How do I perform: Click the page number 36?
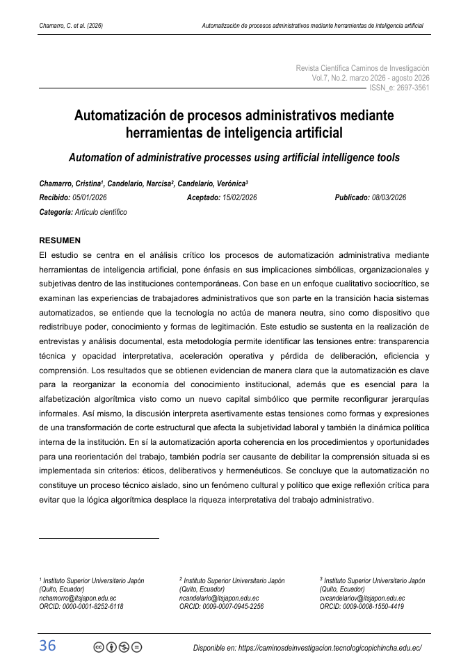point(47,646)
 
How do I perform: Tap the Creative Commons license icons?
point(118,647)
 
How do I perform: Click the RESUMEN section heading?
point(60,241)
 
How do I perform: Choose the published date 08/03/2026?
point(389,197)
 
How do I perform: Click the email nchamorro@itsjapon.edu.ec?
point(78,598)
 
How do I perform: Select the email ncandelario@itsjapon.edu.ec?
point(219,598)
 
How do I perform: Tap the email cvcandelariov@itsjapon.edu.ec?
point(362,598)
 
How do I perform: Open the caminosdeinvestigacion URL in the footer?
point(330,647)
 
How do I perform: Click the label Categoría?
point(56,212)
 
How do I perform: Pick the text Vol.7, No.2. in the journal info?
point(329,79)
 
